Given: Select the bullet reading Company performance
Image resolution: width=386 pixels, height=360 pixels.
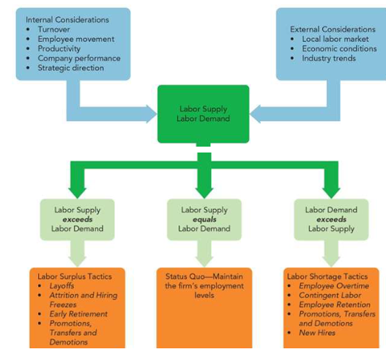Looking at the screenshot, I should [79, 58].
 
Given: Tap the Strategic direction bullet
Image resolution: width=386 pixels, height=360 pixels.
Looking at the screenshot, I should [71, 67].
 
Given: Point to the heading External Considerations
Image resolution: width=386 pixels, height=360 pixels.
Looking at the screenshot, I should [333, 29].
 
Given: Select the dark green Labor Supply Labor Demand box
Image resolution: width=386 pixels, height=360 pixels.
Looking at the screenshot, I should [203, 114].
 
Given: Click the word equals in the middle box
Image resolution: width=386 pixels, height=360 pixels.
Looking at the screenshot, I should [204, 219].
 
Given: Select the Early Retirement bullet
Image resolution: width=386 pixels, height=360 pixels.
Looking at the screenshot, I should [78, 314].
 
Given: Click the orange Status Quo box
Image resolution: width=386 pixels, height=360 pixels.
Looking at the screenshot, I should [204, 308].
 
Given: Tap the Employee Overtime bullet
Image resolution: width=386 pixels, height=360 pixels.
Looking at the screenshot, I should [333, 286].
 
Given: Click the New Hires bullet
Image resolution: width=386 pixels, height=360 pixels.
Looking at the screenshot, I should [317, 333].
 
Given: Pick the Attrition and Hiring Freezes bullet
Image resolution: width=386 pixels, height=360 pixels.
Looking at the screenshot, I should [83, 300].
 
